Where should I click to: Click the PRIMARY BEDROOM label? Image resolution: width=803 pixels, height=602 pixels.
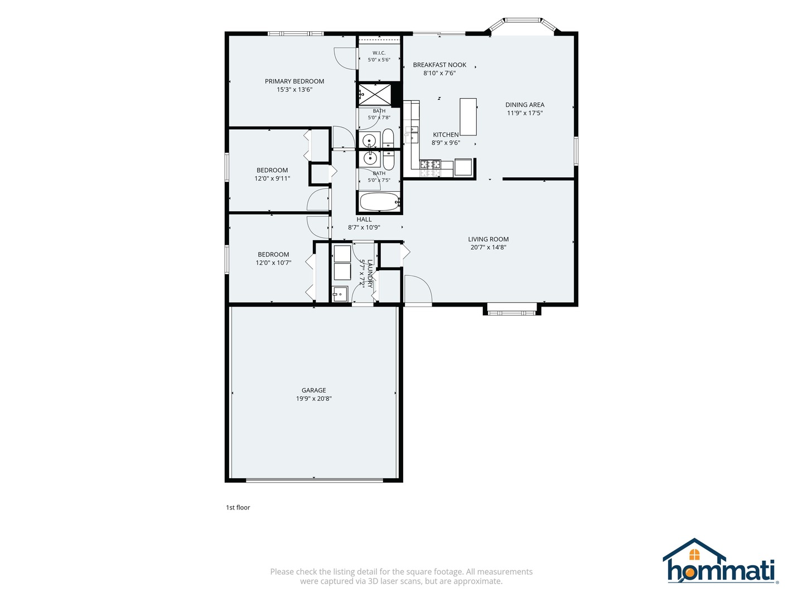coord(294,81)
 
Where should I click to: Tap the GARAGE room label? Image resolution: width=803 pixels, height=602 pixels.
coord(313,390)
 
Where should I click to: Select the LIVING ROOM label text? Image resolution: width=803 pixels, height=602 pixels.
coord(488,239)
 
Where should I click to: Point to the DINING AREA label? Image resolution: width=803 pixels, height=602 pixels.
coord(525,105)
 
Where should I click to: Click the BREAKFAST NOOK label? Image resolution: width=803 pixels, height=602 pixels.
coord(439,65)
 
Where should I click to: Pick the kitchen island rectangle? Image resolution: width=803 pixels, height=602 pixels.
coord(468,116)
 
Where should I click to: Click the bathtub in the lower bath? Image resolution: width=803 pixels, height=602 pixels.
coord(380,202)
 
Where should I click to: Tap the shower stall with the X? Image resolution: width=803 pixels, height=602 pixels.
coord(374,95)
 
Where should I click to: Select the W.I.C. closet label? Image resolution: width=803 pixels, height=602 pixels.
coord(379,52)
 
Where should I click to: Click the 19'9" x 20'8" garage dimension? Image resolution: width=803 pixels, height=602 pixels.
coord(313,399)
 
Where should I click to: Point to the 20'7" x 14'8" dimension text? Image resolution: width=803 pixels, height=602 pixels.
coord(488,247)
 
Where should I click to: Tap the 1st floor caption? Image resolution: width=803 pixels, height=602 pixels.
coord(238,507)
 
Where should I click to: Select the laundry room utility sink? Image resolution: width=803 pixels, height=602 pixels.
coord(340,294)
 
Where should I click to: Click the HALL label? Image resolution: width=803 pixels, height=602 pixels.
coord(364,219)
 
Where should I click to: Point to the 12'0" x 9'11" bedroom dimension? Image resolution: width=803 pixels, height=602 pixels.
coord(272,178)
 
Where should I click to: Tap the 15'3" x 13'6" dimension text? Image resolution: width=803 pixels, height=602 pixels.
coord(294,90)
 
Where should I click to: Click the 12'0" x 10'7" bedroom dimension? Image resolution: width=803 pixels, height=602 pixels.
coord(273,263)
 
